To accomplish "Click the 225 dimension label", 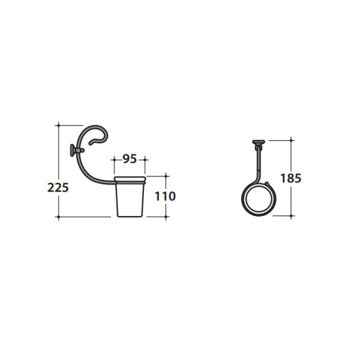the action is [58, 187].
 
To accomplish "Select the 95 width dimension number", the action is [130, 158].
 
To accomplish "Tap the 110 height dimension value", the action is [166, 196].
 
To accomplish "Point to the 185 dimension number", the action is [290, 178].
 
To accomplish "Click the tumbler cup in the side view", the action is [130, 197].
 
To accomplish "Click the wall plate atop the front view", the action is [259, 142].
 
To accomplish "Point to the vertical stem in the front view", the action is [259, 163].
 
